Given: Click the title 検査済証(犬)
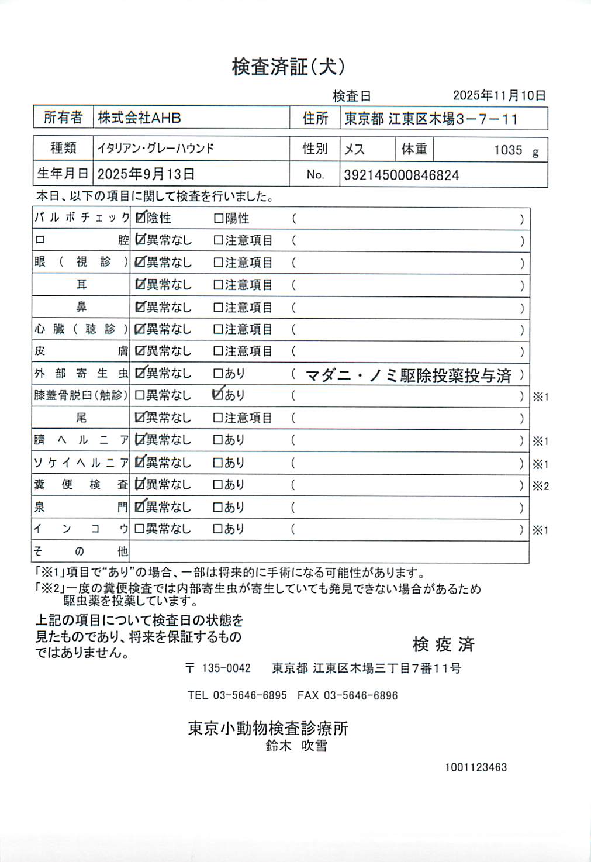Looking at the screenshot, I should (x=288, y=67).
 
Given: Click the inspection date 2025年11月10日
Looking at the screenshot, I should (x=499, y=95).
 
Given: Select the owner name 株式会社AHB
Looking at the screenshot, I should (x=139, y=118).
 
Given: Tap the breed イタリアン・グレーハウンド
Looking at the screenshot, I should (x=155, y=149).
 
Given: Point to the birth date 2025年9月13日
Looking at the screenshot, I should (x=146, y=174).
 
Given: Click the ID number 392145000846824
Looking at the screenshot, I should (x=401, y=175).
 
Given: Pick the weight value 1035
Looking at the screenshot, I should (x=507, y=150).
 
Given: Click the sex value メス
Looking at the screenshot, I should (x=354, y=150).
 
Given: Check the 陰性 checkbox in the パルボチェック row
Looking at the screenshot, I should (x=140, y=218).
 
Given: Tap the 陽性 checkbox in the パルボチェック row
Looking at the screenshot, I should (x=219, y=219).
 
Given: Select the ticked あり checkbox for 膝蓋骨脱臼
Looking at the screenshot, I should (x=218, y=395).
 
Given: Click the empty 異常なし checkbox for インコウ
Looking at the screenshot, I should (x=140, y=529).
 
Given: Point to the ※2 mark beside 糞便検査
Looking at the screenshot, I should (x=540, y=486).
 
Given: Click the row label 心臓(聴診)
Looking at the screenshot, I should (x=81, y=329).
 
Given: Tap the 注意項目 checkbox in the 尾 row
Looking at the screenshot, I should (x=219, y=418).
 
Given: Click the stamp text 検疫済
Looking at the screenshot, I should (x=443, y=644).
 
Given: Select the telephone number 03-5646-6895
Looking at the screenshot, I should (x=250, y=695).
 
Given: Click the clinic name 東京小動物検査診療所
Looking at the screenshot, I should (x=268, y=728).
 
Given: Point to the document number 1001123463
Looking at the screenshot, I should (x=476, y=767).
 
